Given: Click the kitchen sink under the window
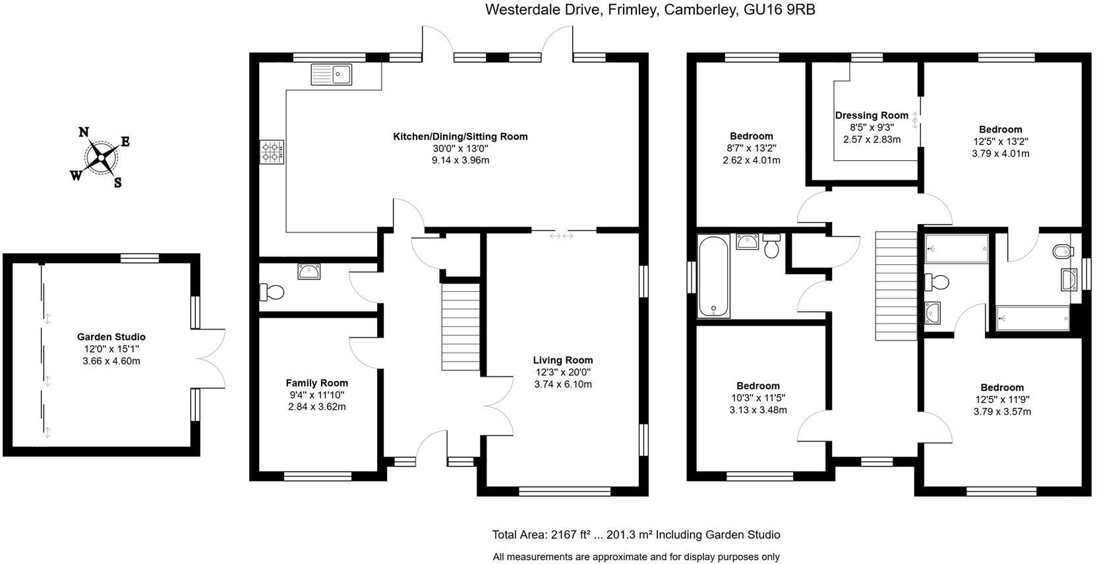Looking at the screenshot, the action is [332, 75].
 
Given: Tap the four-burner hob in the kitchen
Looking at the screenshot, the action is [272, 152].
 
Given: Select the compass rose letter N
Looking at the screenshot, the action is [84, 132].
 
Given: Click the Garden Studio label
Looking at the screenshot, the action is [111, 337].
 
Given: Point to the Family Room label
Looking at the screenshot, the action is [317, 383].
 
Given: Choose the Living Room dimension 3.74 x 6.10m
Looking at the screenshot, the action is [563, 384].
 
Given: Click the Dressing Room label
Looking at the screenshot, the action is [872, 115].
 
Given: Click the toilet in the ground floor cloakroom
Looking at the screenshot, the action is [272, 293].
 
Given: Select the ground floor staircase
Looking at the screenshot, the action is [461, 327].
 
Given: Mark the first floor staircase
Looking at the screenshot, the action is [896, 286].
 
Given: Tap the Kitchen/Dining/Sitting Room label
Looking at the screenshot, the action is [460, 136].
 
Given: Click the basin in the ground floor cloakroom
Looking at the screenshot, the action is [309, 271].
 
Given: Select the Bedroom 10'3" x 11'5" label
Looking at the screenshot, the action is [758, 386].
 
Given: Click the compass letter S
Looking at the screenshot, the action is [117, 183].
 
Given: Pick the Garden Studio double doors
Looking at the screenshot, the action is [210, 359].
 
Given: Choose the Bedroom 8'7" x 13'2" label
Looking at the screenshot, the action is [752, 136].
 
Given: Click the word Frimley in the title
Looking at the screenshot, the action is [632, 9].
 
